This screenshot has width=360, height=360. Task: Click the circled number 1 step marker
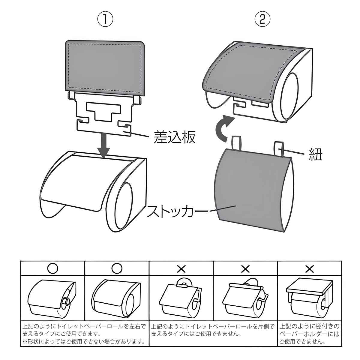[105, 19]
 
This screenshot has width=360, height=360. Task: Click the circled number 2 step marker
[262, 19]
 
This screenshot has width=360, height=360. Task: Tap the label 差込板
[175, 137]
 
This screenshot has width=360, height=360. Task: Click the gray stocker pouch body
[249, 189]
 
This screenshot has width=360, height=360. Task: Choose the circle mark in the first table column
[53, 268]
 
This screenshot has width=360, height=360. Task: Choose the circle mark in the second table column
[117, 268]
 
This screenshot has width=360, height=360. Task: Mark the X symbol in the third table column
[181, 268]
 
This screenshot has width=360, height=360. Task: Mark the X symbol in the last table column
[309, 268]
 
